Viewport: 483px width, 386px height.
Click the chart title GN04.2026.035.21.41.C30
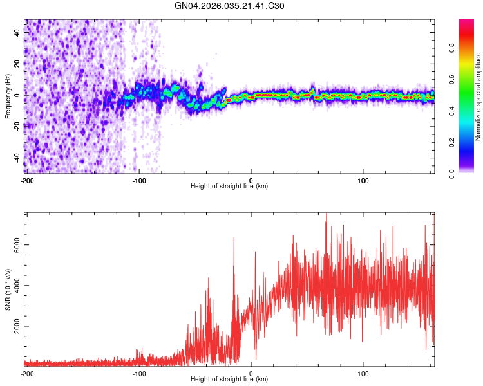point(230,6)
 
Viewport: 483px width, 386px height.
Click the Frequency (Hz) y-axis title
point(8,96)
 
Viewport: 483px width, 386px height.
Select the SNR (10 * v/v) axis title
point(8,289)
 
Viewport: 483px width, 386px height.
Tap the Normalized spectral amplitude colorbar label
point(478,96)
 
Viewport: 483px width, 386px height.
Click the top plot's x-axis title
point(229,187)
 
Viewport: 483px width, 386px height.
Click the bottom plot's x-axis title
point(229,380)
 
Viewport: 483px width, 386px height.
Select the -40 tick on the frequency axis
point(18,157)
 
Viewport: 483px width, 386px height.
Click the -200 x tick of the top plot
point(26,180)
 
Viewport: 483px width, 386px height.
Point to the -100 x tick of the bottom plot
point(138,373)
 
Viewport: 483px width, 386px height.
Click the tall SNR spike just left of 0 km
point(234,239)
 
